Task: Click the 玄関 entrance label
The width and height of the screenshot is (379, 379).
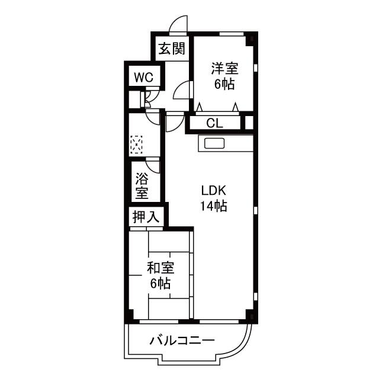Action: point(172,49)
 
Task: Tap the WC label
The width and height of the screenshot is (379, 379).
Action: point(144,78)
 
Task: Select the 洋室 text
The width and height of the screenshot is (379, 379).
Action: point(225,69)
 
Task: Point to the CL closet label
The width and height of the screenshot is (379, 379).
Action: point(214,124)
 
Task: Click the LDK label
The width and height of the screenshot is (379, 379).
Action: point(214,191)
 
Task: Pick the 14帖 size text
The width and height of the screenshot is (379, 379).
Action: point(214,206)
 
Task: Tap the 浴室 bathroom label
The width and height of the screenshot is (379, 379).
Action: point(142,185)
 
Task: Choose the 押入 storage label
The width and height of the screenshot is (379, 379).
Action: point(146,216)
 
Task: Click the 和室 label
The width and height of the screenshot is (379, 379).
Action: point(160,268)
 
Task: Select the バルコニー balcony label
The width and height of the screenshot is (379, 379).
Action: point(182,341)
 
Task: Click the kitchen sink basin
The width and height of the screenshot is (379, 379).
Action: point(214,144)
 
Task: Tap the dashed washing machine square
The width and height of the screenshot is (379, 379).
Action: point(136,144)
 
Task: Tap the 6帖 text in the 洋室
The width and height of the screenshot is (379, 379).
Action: point(225,84)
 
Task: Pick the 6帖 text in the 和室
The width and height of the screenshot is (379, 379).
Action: point(160,283)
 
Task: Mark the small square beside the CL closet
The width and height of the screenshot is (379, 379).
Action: point(249,123)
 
